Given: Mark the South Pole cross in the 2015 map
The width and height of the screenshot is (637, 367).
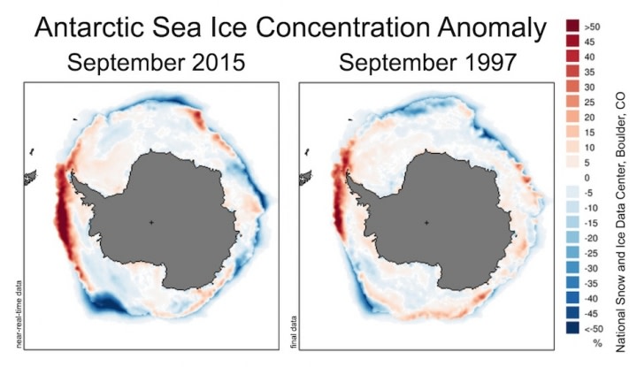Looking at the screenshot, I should coord(151,222).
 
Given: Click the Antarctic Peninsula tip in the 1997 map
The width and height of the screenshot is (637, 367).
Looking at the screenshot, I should coord(348,171).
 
